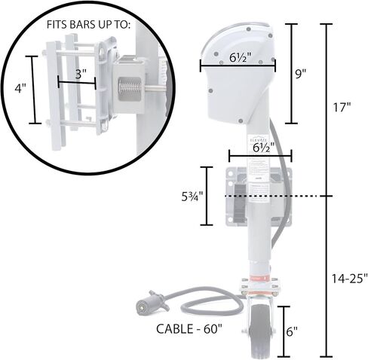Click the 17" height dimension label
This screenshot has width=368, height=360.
pyautogui.click(x=342, y=107)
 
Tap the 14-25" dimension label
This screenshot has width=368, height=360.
pyautogui.click(x=350, y=279)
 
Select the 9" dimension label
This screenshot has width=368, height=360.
pyautogui.click(x=301, y=74)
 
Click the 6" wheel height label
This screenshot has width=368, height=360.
pyautogui.click(x=292, y=331)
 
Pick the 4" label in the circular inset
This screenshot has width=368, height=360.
pyautogui.click(x=20, y=88)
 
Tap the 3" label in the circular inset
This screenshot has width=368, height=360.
pyautogui.click(x=81, y=75)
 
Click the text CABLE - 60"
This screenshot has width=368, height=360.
pyautogui.click(x=189, y=329)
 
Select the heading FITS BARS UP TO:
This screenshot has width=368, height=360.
pyautogui.click(x=88, y=25)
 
